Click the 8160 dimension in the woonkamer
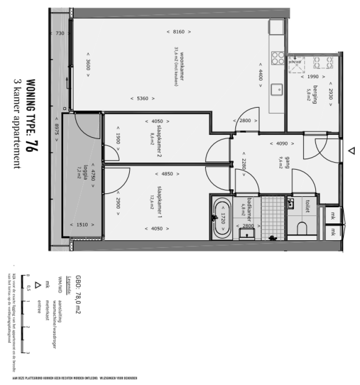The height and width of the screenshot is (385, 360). click(179, 32)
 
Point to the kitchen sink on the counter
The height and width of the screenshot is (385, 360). click(278, 88)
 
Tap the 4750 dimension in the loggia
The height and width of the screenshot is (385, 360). click(93, 174)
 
